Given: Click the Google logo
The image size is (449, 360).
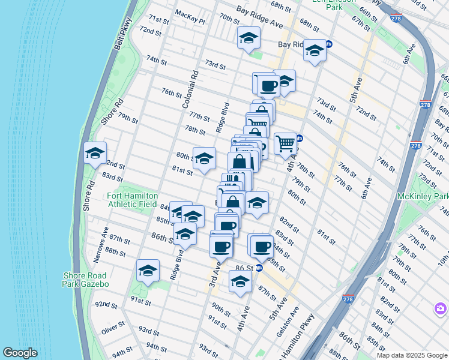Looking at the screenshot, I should point(20,353).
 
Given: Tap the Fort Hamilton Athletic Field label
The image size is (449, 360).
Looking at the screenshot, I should point(132,200).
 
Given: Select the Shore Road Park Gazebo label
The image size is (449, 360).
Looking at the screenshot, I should point(86,280).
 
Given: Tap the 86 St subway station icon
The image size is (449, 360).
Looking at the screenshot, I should point(259,268).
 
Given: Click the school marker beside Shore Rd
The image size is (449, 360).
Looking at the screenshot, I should point(95,154).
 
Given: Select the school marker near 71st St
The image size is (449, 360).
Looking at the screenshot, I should point(249,38).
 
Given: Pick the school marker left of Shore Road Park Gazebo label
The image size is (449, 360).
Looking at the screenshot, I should point(148,271).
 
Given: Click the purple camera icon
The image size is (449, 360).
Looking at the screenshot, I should point(440,308).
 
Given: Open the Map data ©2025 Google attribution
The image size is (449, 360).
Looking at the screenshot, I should point(411,355).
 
